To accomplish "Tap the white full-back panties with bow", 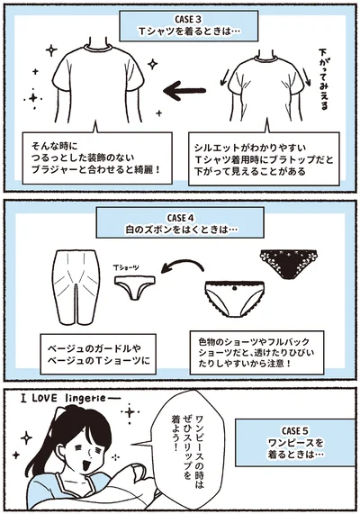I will pos(231,295).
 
